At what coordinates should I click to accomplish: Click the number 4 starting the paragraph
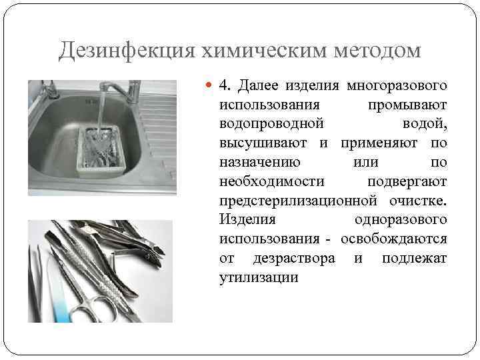pyautogui.click(x=223, y=86)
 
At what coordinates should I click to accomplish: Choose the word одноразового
pyautogui.click(x=401, y=220)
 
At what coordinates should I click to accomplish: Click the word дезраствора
pyautogui.click(x=294, y=258)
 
